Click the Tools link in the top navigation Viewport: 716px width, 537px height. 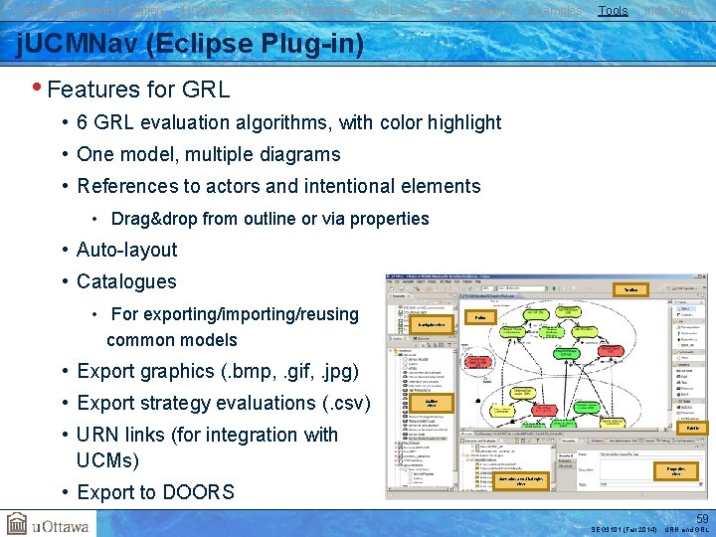[613, 11]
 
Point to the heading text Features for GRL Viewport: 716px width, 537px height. [138, 89]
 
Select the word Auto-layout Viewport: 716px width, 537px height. [126, 251]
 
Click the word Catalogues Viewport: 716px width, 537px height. [126, 282]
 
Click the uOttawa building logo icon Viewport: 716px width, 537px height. [18, 523]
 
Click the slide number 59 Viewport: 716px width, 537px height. [702, 519]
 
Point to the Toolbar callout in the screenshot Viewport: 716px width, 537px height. [630, 290]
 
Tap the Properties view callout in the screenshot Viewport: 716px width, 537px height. [675, 470]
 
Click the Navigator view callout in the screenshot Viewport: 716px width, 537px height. [431, 325]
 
